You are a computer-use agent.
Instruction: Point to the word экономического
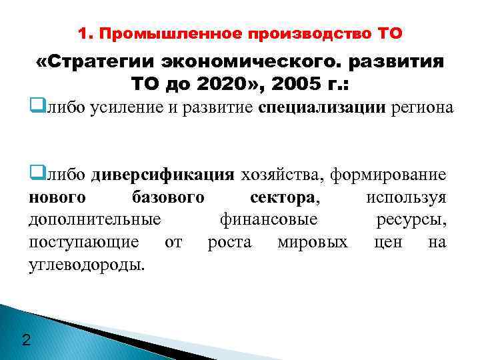click(251, 62)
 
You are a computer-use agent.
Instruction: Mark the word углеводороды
click(87, 263)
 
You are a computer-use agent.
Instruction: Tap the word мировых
click(312, 241)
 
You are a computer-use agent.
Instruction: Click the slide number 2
click(26, 341)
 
